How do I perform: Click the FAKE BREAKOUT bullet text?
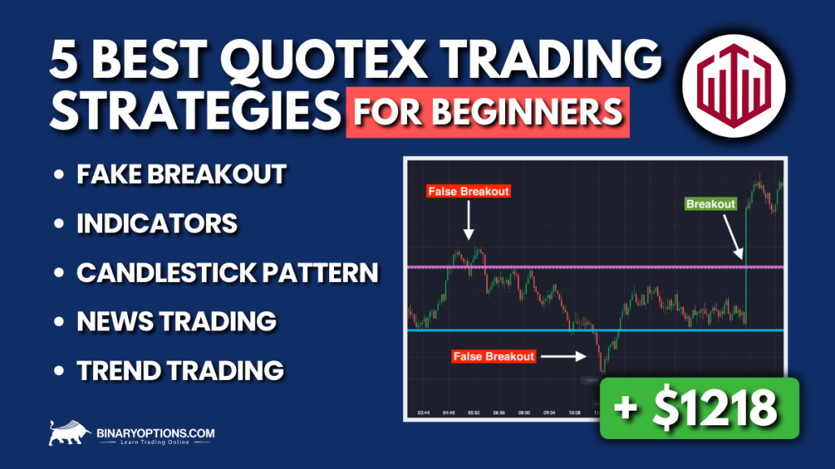click(181, 174)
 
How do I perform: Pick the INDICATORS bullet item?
click(156, 223)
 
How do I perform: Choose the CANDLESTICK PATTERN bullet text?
click(227, 272)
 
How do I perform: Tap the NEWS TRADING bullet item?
click(176, 321)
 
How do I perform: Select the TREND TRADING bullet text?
click(180, 370)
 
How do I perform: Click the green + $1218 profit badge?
click(699, 408)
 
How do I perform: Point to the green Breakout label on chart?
click(710, 204)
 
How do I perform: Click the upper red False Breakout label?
click(467, 191)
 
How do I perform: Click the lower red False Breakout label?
click(494, 356)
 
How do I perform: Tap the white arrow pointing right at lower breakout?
click(563, 355)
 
